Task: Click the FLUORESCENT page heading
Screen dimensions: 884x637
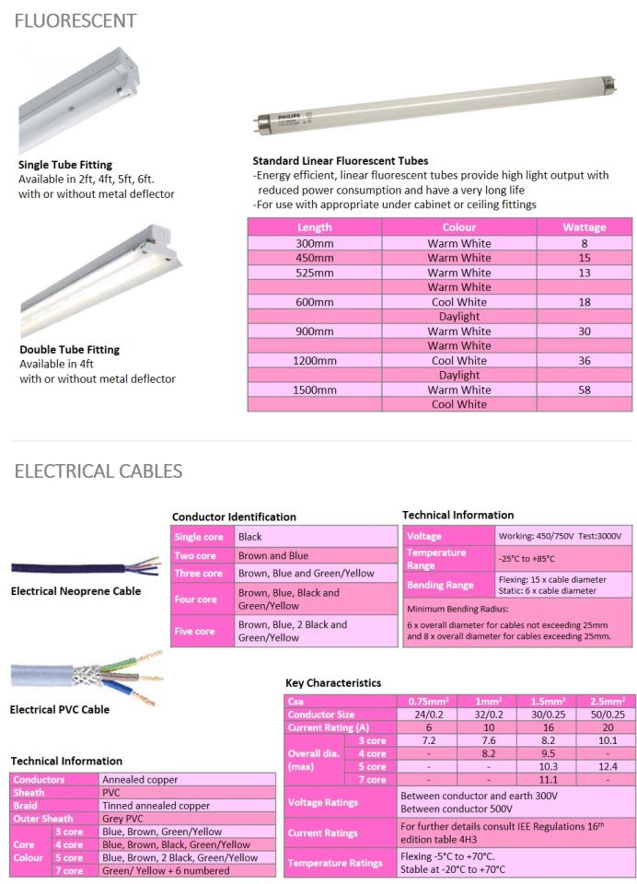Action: [75, 20]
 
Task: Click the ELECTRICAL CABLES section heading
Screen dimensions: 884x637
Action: [98, 471]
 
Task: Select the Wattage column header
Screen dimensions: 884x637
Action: [585, 227]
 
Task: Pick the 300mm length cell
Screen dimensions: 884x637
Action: [315, 244]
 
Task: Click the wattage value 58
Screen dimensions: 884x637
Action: [585, 390]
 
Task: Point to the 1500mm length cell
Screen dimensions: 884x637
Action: [315, 390]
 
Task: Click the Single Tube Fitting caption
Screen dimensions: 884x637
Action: [65, 166]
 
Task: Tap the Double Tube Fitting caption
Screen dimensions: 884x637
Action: [69, 350]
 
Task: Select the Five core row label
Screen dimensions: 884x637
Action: [196, 631]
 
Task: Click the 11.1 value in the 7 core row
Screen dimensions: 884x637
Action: [549, 779]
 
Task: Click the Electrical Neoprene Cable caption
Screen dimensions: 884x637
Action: [75, 591]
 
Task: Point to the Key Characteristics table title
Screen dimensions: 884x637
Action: [333, 682]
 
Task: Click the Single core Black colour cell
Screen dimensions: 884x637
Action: [250, 537]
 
